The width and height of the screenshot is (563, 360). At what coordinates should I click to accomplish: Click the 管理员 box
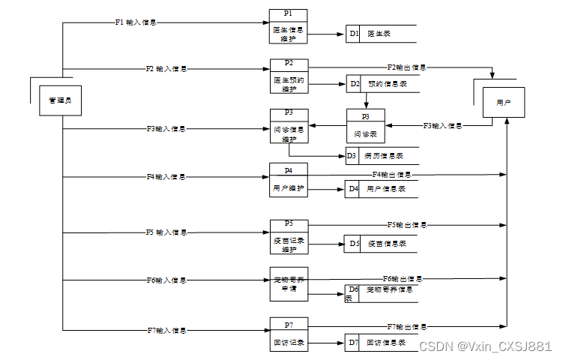point(60,100)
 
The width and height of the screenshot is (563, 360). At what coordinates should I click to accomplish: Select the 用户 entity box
point(503,102)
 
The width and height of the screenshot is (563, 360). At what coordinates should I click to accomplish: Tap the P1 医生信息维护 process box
point(289,28)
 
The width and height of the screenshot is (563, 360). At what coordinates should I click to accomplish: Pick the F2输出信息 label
point(407,67)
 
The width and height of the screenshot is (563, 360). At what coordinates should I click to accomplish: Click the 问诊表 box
point(365,128)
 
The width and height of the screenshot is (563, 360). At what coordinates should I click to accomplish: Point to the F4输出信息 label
point(392,175)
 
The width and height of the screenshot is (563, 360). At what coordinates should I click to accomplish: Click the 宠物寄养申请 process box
point(289,283)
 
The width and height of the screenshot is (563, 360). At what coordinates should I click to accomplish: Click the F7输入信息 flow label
point(166,330)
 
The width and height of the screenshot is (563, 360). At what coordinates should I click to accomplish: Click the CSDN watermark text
point(484,346)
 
